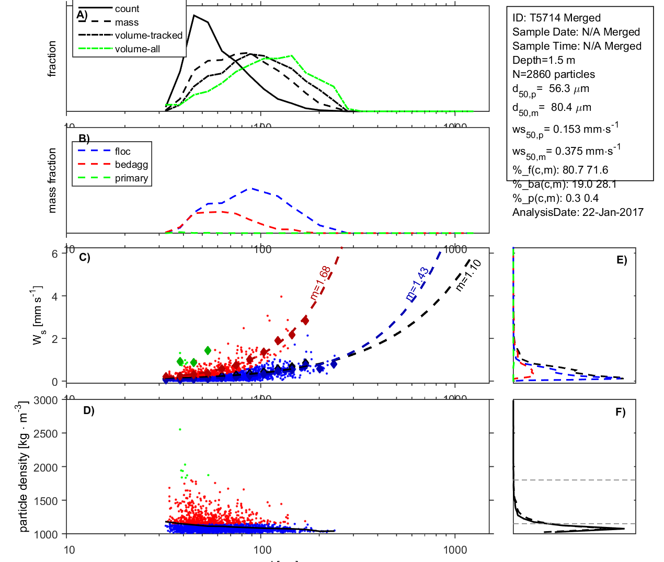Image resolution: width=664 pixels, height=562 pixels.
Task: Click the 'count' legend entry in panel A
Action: (x=127, y=9)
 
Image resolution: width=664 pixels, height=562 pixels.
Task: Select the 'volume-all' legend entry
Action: (x=137, y=49)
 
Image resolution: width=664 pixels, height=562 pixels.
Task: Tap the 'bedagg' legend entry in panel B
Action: (x=131, y=165)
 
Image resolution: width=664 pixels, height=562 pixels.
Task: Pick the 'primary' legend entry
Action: (x=131, y=178)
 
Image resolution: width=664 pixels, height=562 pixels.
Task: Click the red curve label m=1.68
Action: (x=320, y=283)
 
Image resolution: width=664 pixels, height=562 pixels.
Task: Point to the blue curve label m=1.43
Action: (x=417, y=284)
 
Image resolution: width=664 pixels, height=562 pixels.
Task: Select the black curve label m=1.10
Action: (x=468, y=275)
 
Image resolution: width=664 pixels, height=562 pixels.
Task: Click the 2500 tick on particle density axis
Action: (x=46, y=433)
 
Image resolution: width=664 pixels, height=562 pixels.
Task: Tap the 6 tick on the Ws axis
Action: (x=54, y=254)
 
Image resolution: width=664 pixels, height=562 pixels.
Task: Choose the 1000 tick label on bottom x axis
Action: (x=455, y=549)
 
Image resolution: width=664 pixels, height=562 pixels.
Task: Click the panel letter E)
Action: (x=621, y=260)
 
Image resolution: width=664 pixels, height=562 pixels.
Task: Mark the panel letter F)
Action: (x=620, y=412)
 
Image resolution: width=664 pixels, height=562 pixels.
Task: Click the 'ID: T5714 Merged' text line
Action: (x=556, y=18)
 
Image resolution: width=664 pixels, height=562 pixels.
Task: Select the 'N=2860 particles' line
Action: (x=554, y=74)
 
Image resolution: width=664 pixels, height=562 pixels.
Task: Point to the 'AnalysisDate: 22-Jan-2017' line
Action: (x=578, y=212)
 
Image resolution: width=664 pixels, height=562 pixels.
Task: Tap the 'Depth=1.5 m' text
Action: (x=544, y=60)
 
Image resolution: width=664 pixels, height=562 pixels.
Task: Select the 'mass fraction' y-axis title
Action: (x=52, y=180)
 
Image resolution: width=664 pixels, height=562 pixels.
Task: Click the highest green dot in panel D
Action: (x=180, y=430)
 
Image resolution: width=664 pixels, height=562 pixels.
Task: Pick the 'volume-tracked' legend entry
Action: (x=148, y=36)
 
